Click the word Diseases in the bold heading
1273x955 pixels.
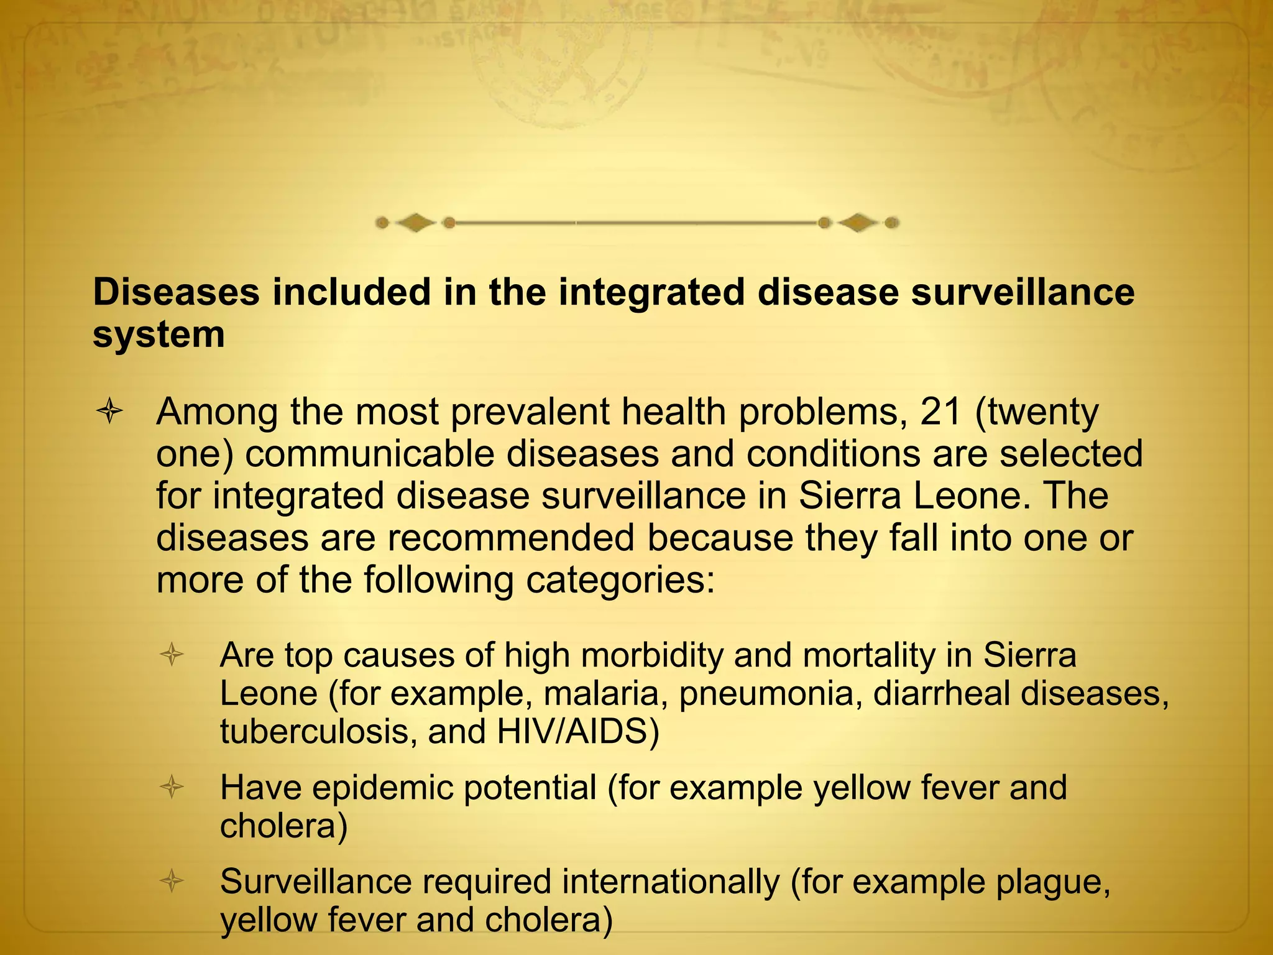pos(176,292)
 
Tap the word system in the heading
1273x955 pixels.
pos(159,334)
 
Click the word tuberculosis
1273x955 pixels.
pos(318,731)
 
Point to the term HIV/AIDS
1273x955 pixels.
pos(577,731)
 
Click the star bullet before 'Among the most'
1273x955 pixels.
pos(109,412)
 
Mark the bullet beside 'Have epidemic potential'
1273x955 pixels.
pos(172,788)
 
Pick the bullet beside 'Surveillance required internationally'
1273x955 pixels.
pos(172,881)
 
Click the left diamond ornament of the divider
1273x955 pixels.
pos(416,222)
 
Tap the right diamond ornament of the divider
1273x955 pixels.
pos(858,222)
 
